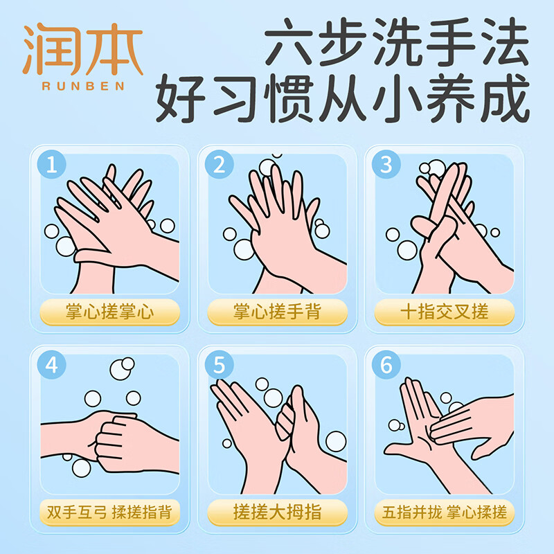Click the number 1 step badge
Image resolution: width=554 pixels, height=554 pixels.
pyautogui.click(x=53, y=165)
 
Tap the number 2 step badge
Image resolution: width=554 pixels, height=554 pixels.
pyautogui.click(x=220, y=165)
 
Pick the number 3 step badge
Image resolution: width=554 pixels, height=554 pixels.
pyautogui.click(x=386, y=165)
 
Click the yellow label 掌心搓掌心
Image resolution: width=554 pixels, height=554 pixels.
pyautogui.click(x=109, y=312)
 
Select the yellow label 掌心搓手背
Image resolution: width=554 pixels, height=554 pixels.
pyautogui.click(x=277, y=312)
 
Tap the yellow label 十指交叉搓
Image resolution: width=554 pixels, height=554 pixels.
pyautogui.click(x=444, y=312)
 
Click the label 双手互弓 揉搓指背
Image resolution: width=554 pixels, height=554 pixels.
pyautogui.click(x=109, y=512)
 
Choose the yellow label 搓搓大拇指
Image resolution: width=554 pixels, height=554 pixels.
pyautogui.click(x=277, y=512)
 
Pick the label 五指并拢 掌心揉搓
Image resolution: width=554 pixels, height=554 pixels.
pyautogui.click(x=444, y=512)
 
